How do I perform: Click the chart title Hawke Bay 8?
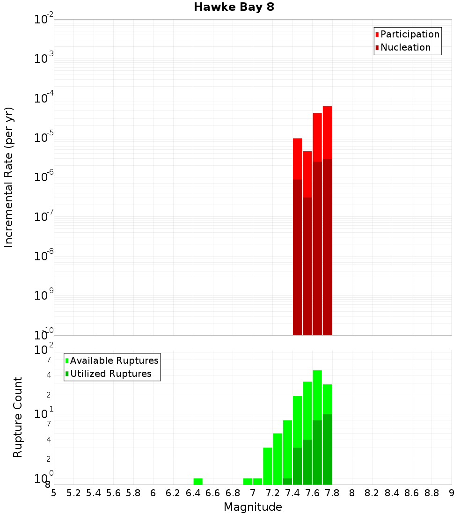pyautogui.click(x=234, y=7)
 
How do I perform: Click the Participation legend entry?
pyautogui.click(x=409, y=34)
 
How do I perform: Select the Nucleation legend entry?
pyautogui.click(x=405, y=47)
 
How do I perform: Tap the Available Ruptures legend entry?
pyautogui.click(x=114, y=360)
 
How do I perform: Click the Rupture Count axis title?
pyautogui.click(x=18, y=417)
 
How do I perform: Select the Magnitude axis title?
pyautogui.click(x=253, y=507)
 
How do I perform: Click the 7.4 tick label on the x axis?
pyautogui.click(x=292, y=493)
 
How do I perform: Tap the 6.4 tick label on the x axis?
pyautogui.click(x=193, y=493)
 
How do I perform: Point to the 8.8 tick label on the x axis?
pyautogui.click(x=431, y=493)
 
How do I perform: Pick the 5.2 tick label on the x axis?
pyautogui.click(x=73, y=493)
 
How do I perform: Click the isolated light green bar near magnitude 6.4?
pyautogui.click(x=198, y=481)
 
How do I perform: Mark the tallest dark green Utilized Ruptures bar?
pyautogui.click(x=327, y=449)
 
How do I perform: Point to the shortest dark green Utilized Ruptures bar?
pyautogui.click(x=287, y=481)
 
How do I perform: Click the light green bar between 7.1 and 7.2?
pyautogui.click(x=268, y=466)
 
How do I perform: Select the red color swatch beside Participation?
pyautogui.click(x=377, y=35)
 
